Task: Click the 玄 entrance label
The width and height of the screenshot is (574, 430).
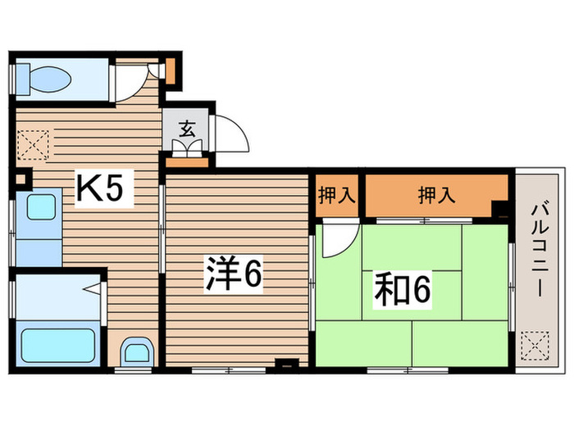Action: pos(188,128)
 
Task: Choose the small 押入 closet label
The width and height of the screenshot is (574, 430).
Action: pos(337,195)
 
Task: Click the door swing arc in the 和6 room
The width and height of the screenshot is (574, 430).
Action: pos(337,238)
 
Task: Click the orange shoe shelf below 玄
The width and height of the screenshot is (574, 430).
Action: pos(187,161)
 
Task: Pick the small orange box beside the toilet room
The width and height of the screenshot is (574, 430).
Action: pos(171,69)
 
